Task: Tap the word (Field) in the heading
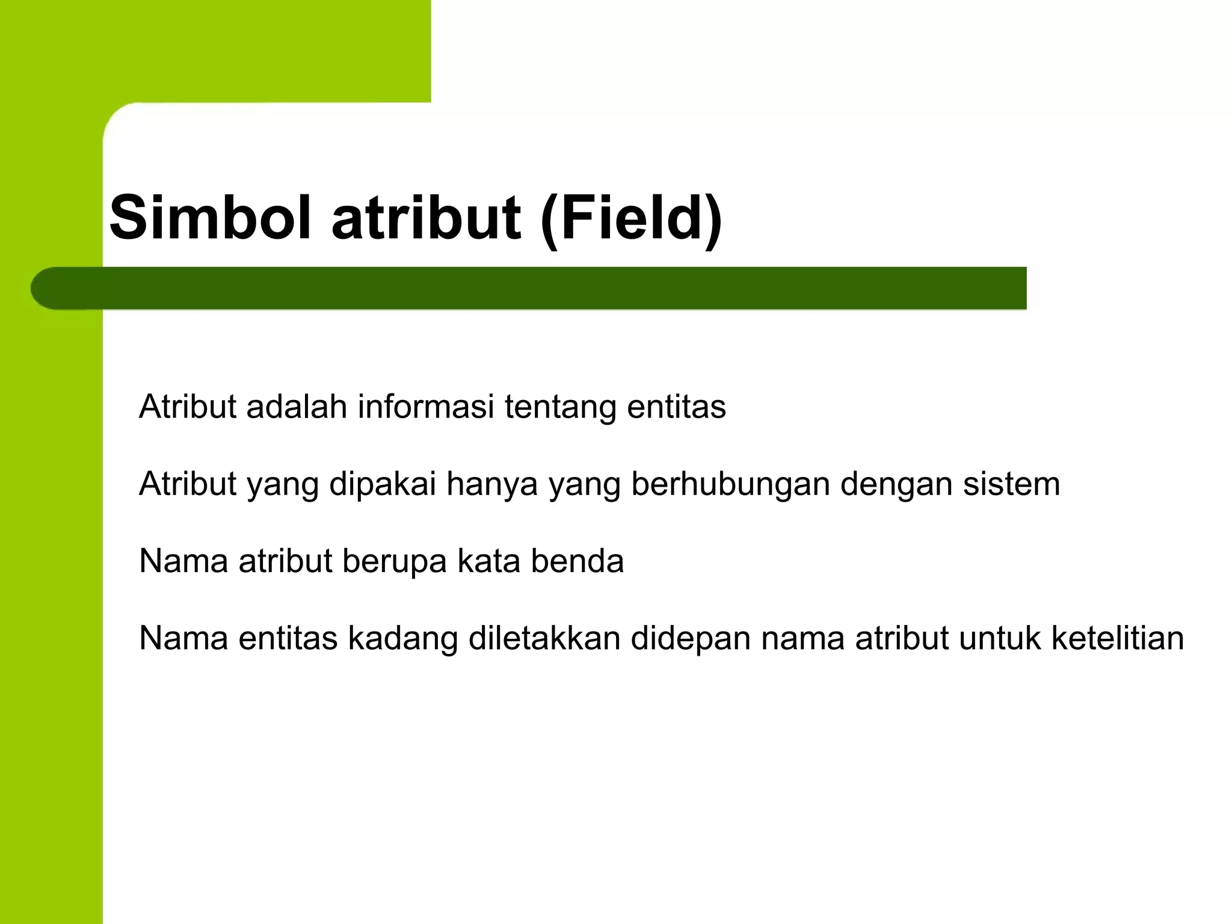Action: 631,217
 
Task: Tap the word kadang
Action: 403,639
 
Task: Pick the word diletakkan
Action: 544,638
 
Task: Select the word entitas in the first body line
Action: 676,407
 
